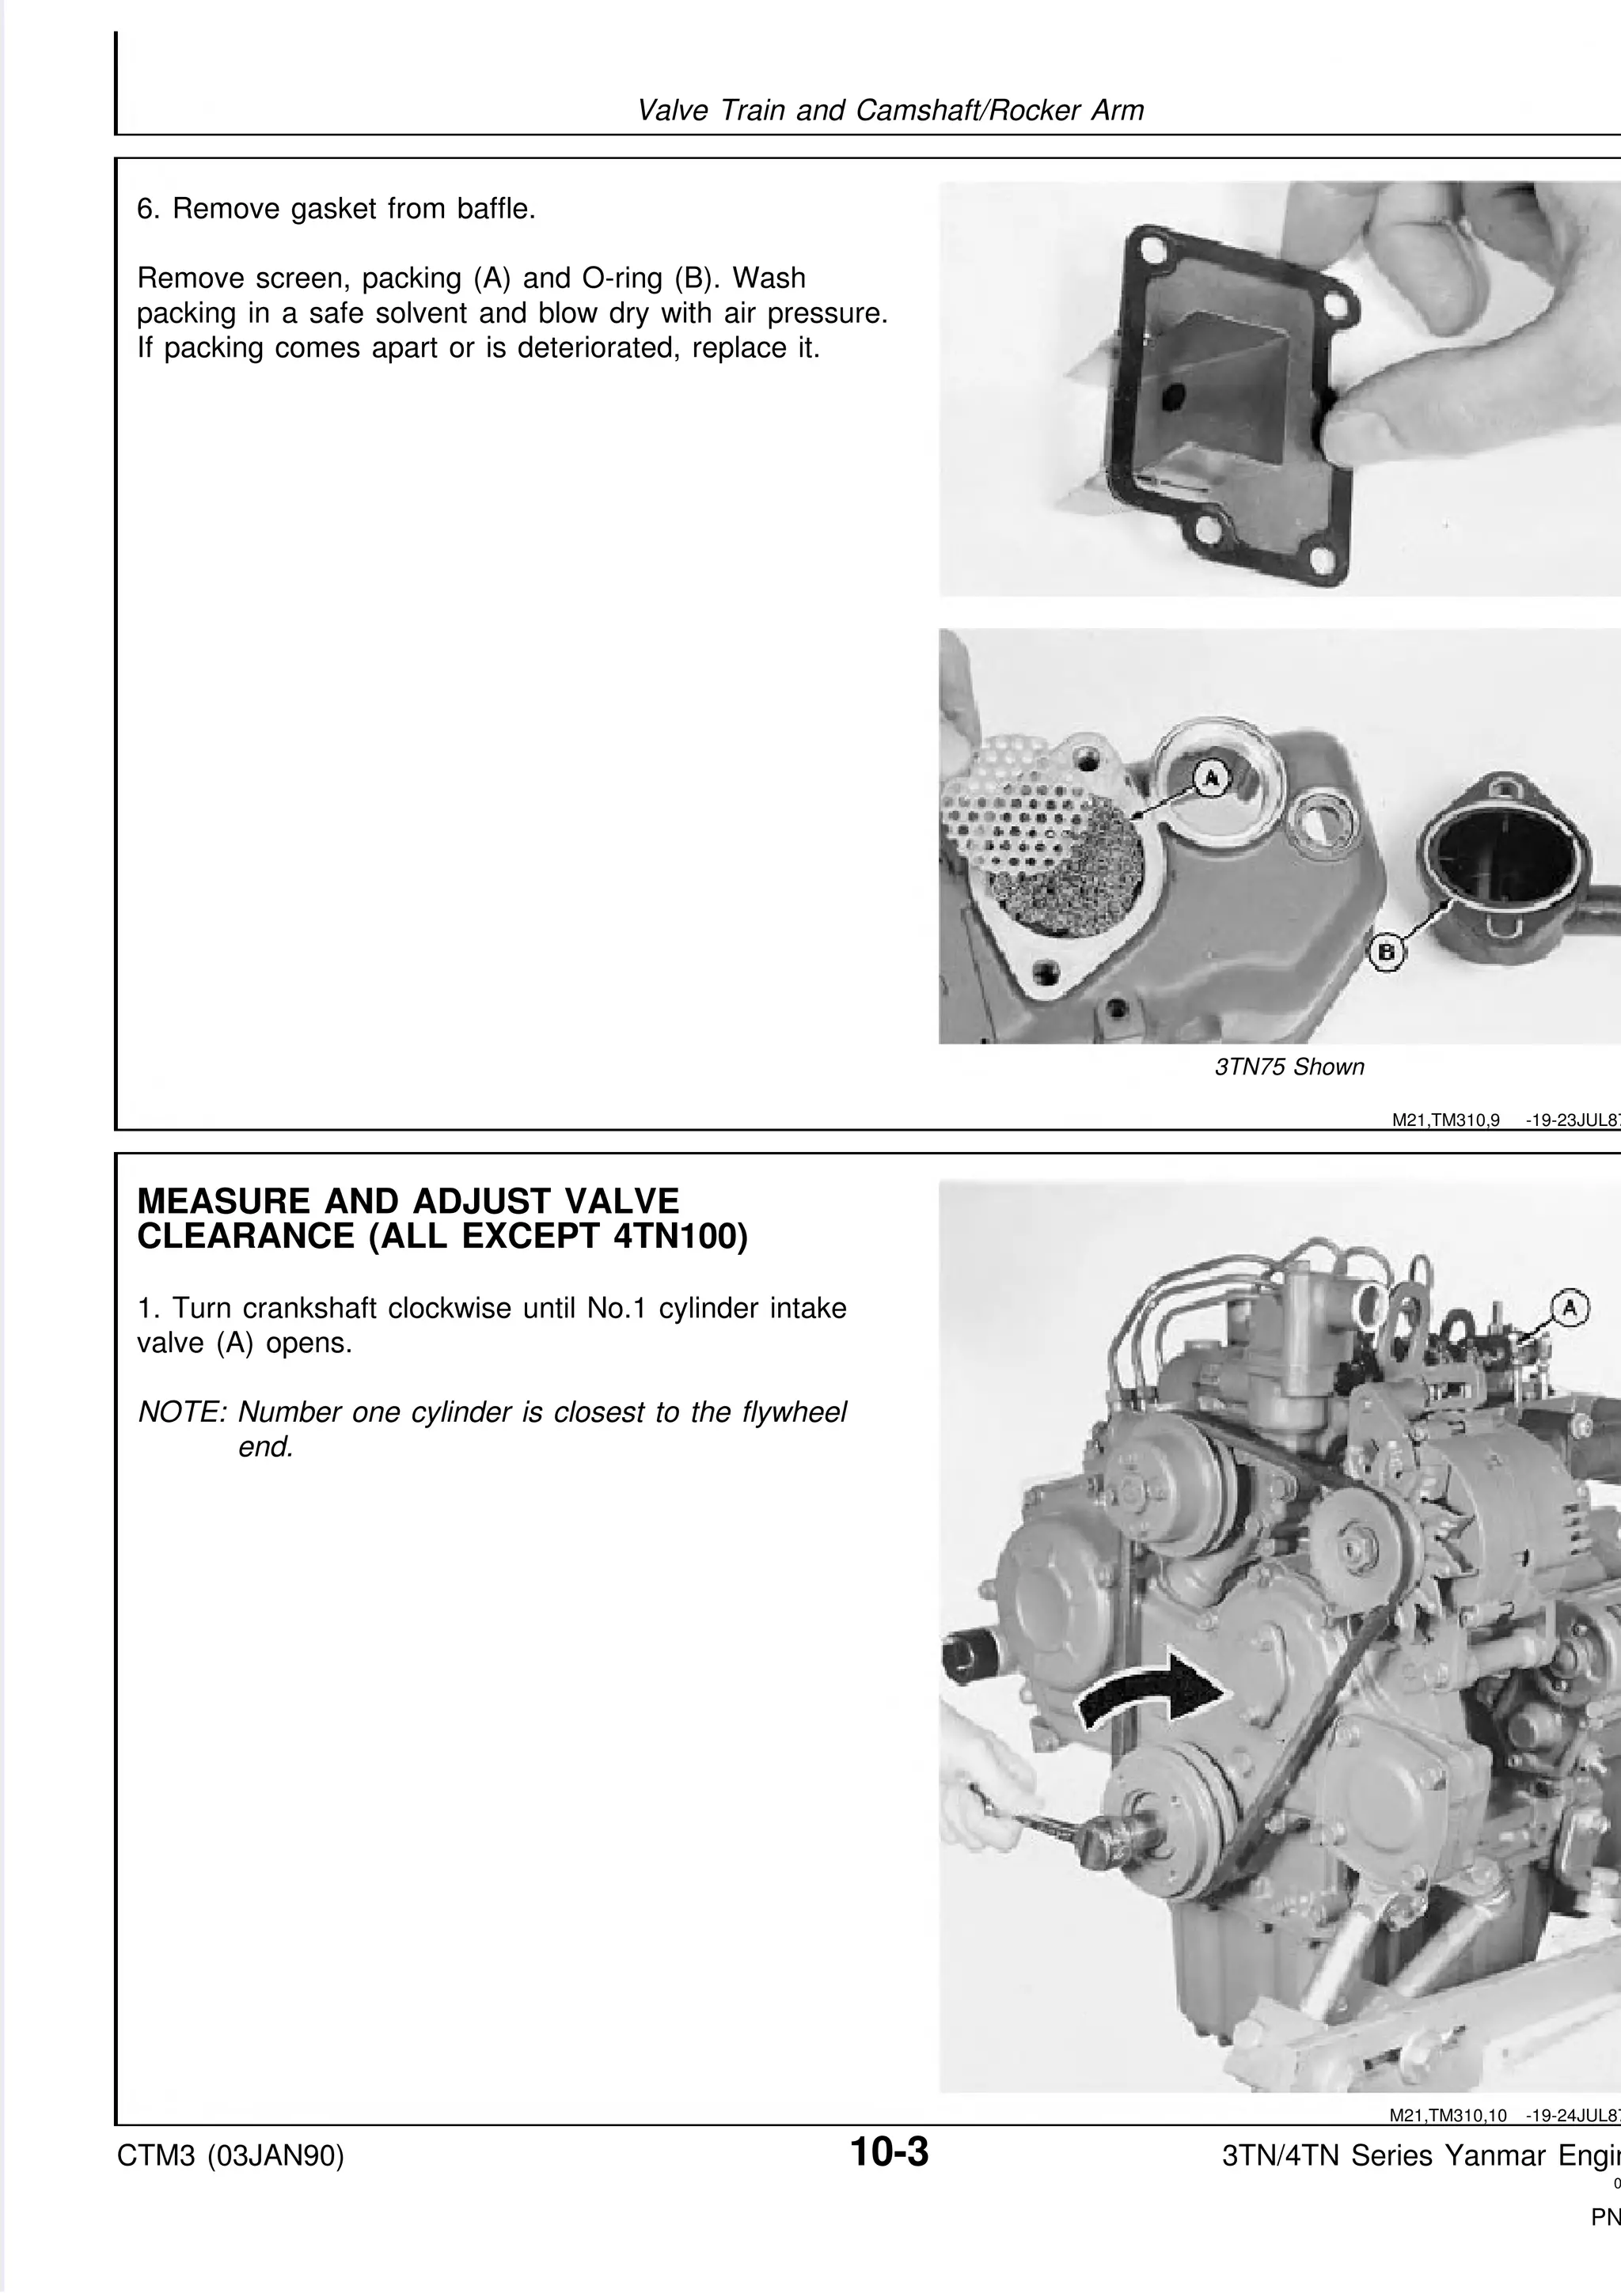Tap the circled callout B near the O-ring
1385,955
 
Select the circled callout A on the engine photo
1569,1307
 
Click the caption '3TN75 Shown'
1289,1067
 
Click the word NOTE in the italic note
182,1412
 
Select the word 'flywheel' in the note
793,1412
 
